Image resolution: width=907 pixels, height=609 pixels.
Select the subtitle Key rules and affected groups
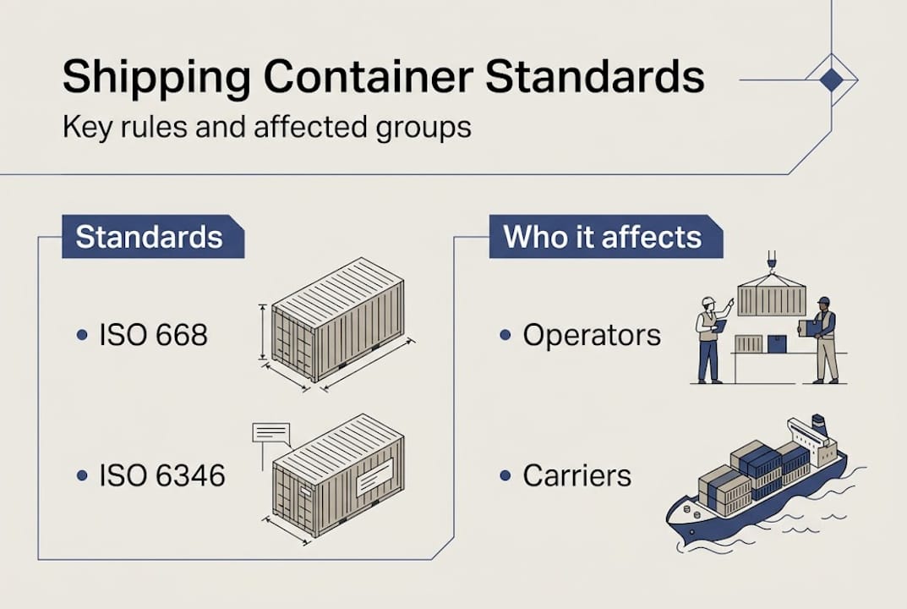pos(266,128)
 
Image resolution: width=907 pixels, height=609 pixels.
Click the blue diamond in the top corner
pos(832,80)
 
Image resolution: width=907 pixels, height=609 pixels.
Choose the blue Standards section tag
pos(150,237)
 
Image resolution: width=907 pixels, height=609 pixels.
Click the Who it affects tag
pos(603,237)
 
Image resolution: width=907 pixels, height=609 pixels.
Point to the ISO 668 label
pos(153,335)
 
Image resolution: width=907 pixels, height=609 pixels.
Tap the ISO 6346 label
pos(162,475)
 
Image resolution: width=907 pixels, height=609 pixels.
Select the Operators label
pos(592,335)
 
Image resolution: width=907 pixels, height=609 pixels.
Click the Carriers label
pos(576,475)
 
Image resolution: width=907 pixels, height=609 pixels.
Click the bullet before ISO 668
pos(82,335)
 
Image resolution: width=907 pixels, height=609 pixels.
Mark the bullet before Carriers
pos(505,475)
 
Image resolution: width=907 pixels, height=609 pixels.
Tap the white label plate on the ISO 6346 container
pos(374,477)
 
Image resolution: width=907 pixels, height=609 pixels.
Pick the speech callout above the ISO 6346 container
pos(271,433)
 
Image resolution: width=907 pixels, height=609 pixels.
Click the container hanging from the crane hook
pos(771,299)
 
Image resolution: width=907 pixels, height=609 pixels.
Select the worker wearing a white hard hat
pos(708,338)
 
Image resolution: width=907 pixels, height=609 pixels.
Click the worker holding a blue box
pos(824,338)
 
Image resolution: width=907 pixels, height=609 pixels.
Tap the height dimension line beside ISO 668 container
pos(263,332)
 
